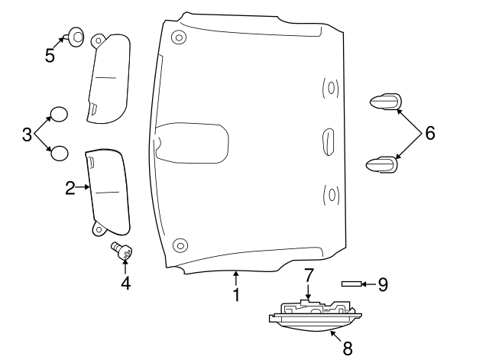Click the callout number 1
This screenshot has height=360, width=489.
(x=236, y=294)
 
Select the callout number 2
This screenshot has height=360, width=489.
(x=70, y=187)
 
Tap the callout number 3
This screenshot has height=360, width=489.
(x=27, y=135)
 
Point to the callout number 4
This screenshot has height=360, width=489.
(x=125, y=283)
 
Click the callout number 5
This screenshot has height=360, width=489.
(x=50, y=56)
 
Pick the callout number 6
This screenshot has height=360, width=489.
(x=429, y=133)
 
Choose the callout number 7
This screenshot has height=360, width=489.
(x=309, y=274)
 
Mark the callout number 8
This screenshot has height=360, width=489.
(x=347, y=348)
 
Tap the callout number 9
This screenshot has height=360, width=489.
(x=383, y=284)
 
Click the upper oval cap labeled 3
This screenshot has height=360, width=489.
(x=58, y=115)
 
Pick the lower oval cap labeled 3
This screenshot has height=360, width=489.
(x=59, y=154)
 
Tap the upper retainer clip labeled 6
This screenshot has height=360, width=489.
(x=386, y=102)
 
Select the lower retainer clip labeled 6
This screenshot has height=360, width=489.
(x=385, y=164)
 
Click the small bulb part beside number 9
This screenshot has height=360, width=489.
(x=351, y=284)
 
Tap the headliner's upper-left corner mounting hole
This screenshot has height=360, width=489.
(x=179, y=37)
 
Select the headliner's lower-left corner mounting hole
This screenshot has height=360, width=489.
(x=180, y=245)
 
